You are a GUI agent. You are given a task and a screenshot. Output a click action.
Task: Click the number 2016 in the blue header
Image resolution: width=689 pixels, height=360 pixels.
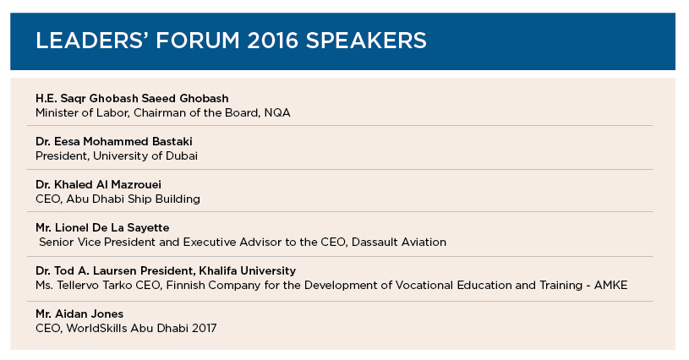(x=272, y=41)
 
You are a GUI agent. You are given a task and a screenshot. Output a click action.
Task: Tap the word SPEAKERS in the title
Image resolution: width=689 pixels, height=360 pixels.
(x=366, y=41)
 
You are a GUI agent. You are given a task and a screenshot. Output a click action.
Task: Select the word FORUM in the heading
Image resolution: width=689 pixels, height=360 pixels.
(x=198, y=41)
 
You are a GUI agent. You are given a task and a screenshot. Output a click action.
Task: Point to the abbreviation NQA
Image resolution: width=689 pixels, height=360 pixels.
(x=277, y=113)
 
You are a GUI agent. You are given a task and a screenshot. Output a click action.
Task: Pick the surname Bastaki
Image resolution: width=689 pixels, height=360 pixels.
(x=172, y=141)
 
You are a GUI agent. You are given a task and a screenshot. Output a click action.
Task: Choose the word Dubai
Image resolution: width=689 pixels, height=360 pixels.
(x=182, y=155)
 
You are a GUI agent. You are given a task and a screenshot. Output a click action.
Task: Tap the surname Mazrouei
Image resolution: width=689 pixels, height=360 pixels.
(x=136, y=184)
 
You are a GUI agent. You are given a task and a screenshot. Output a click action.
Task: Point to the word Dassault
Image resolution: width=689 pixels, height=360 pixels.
(x=373, y=242)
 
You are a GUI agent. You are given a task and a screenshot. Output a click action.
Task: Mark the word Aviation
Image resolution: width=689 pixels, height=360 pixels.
(x=422, y=242)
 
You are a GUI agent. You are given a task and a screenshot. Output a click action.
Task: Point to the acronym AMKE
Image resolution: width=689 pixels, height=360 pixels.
(x=610, y=285)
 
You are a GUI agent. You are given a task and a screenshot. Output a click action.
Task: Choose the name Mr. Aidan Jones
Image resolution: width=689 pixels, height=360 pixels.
(x=79, y=314)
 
